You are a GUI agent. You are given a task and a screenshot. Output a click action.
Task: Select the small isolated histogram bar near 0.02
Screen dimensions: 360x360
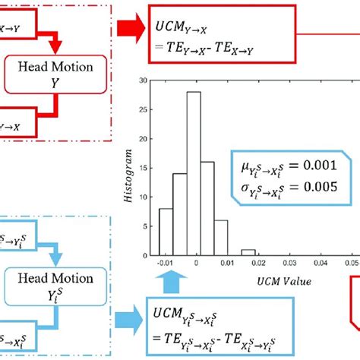(248, 251)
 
